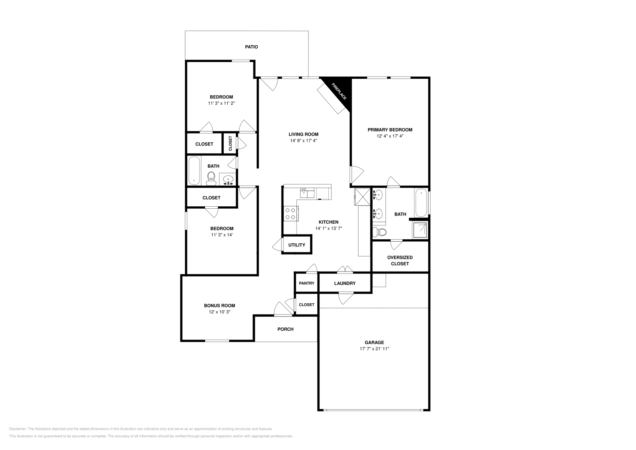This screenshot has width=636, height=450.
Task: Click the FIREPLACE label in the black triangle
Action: pyautogui.click(x=339, y=91)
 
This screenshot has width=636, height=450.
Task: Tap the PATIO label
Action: pyautogui.click(x=252, y=47)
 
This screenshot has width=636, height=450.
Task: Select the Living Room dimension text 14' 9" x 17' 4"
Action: pyautogui.click(x=304, y=141)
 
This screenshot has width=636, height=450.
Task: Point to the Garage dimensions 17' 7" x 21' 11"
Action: pyautogui.click(x=374, y=349)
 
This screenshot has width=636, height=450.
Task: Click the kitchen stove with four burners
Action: pyautogui.click(x=291, y=213)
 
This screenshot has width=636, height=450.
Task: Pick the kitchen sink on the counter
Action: pyautogui.click(x=307, y=192)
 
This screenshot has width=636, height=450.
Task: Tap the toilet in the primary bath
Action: pyautogui.click(x=380, y=232)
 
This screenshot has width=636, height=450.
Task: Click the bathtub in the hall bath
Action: pyautogui.click(x=194, y=171)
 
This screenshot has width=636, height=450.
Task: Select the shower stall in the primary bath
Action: pyautogui.click(x=420, y=230)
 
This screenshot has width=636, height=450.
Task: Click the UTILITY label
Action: pyautogui.click(x=297, y=245)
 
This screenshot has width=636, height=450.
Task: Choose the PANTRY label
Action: pyautogui.click(x=306, y=283)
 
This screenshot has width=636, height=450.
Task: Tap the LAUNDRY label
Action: pyautogui.click(x=345, y=283)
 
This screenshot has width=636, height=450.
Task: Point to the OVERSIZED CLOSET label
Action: pyautogui.click(x=400, y=260)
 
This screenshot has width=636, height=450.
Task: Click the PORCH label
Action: pyautogui.click(x=285, y=329)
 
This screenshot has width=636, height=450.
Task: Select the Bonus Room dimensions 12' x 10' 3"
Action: pyautogui.click(x=219, y=312)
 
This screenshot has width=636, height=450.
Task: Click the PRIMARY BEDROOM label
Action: pyautogui.click(x=390, y=130)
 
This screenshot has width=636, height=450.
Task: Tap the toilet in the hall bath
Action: pyautogui.click(x=211, y=178)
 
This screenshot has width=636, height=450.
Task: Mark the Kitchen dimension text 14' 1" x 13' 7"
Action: pyautogui.click(x=328, y=228)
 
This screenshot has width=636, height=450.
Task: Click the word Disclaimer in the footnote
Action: pyautogui.click(x=18, y=429)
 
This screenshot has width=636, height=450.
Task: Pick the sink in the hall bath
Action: pyautogui.click(x=228, y=180)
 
